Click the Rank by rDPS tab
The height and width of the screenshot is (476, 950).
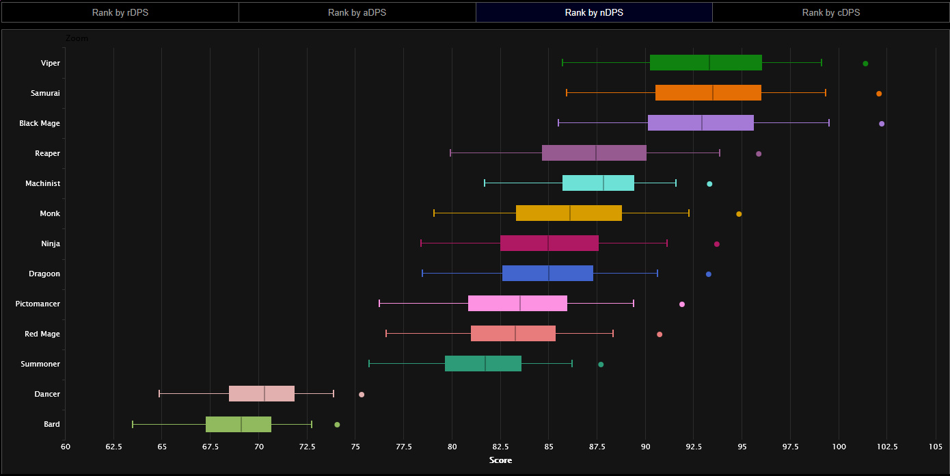120,12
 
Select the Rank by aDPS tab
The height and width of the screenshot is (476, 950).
357,12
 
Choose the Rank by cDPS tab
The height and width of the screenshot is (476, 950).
830,12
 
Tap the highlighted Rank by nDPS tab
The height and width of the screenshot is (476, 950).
594,12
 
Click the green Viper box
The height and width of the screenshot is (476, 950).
705,62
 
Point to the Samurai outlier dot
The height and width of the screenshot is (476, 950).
879,94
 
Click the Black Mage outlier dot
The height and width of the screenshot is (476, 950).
882,124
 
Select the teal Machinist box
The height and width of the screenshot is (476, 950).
598,183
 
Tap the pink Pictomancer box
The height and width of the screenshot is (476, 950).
517,303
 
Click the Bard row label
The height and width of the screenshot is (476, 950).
52,424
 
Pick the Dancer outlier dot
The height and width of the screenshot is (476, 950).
362,395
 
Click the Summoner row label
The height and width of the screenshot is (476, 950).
40,364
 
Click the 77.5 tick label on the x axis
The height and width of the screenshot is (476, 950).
403,447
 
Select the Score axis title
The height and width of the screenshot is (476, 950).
500,460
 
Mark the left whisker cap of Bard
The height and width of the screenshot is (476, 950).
133,424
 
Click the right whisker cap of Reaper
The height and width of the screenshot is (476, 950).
720,153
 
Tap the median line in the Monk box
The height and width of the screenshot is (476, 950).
570,213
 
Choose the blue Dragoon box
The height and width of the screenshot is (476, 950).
547,273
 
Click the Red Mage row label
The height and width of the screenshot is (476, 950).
42,334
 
